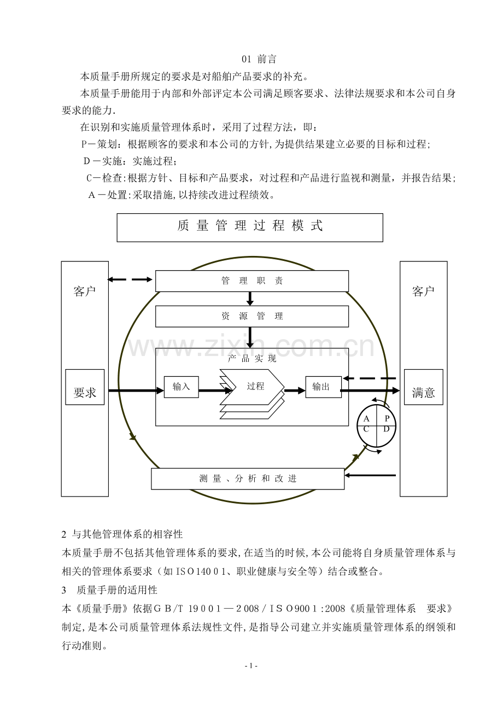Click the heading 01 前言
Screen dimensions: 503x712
259,59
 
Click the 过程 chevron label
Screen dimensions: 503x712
255,386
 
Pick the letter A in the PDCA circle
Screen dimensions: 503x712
366,418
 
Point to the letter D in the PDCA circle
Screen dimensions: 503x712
387,429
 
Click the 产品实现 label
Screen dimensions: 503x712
251,359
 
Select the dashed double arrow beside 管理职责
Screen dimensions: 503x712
130,279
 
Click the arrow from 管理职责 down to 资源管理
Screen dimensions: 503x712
250,299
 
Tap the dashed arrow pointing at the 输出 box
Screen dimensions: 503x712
370,378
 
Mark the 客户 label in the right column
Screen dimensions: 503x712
423,291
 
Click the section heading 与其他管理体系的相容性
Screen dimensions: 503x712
127,534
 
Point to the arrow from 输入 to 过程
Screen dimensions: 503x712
215,390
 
